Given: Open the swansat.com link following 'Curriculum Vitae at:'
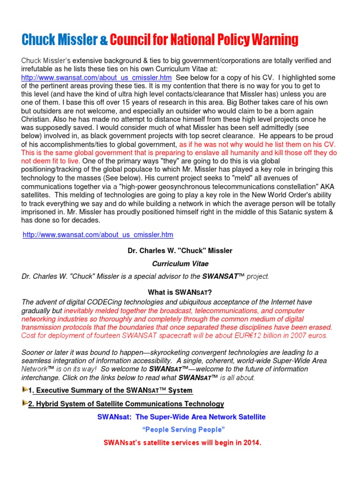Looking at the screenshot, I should coord(97,77).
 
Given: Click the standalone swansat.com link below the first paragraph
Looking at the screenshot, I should coord(98,234).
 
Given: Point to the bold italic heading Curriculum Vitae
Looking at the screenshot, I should coord(180,264).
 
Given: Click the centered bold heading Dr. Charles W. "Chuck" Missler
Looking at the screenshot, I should coord(180,251).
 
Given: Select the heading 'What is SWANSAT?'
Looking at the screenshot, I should coord(180,292).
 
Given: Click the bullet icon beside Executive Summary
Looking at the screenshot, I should coord(25,390).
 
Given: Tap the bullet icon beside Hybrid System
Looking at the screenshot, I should coord(25,404).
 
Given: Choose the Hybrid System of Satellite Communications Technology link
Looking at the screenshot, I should coord(126,404).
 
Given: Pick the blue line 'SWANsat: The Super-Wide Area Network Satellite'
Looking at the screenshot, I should coord(181,417).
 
